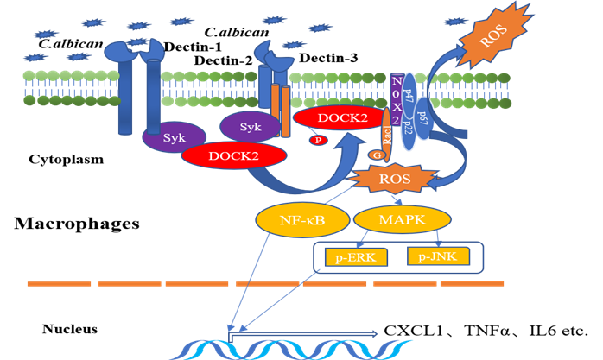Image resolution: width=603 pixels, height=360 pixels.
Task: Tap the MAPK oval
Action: tap(402, 218)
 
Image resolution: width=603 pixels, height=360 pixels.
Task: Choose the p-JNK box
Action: tap(438, 256)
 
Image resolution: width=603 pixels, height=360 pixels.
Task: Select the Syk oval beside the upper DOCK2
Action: tap(251, 127)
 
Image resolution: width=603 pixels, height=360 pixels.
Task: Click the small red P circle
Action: tap(319, 140)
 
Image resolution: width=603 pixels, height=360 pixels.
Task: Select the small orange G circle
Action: tap(376, 155)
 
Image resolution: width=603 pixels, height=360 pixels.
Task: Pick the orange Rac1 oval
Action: tap(386, 136)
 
